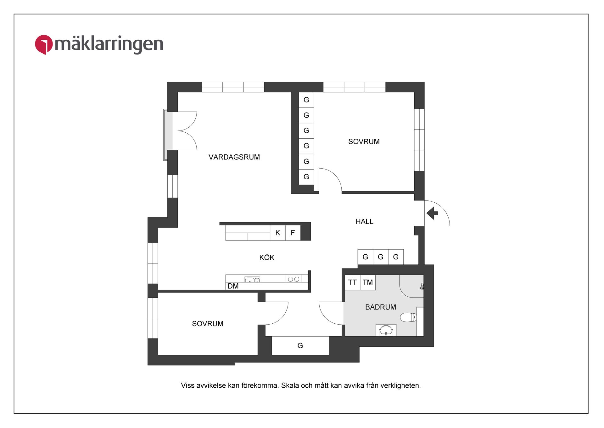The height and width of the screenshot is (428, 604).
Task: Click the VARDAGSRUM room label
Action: click(234, 157)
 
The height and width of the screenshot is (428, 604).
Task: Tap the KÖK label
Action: click(267, 257)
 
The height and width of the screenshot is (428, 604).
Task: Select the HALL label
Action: click(364, 222)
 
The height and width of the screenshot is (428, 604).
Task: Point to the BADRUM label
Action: click(380, 307)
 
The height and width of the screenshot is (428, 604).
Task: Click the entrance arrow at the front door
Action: click(432, 213)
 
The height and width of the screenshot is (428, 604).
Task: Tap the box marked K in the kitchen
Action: click(277, 233)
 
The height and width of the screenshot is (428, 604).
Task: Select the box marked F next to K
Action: click(293, 233)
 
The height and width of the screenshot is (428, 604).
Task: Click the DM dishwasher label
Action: click(233, 286)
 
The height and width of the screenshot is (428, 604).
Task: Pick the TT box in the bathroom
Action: click(352, 282)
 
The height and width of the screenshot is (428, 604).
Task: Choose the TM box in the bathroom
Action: click(367, 282)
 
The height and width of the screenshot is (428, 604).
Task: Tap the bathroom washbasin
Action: click(386, 331)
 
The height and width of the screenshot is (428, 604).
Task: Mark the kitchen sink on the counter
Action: click(252, 280)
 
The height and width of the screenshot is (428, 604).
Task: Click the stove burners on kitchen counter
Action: click(294, 279)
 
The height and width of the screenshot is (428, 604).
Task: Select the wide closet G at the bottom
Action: click(300, 346)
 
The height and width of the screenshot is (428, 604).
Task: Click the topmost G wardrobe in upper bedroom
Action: click(306, 100)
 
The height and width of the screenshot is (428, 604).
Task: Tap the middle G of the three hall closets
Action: click(380, 257)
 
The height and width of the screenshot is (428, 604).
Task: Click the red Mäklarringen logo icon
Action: click(44, 44)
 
